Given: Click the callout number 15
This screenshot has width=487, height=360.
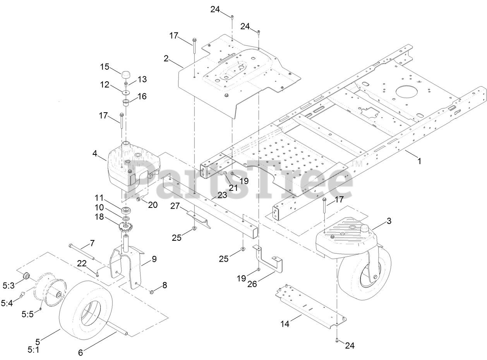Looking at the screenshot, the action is tap(105, 67).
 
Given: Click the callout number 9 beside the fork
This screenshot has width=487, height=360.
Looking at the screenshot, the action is tap(154, 259).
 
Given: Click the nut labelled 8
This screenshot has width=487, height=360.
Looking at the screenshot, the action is tap(152, 291).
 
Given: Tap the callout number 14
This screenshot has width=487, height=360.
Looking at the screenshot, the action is tap(285, 324).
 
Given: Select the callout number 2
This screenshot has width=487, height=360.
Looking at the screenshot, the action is tap(166, 58).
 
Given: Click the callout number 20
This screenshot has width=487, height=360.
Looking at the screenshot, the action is tap(153, 205).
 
